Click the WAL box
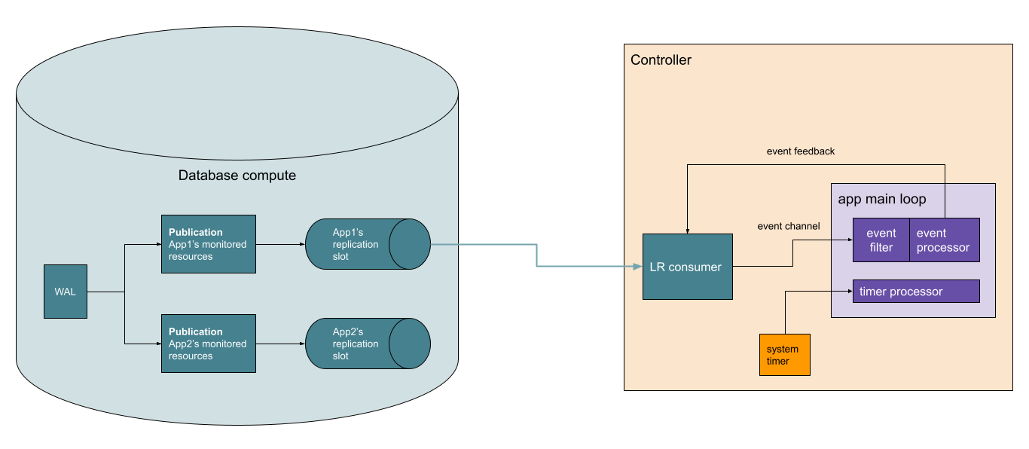(66, 292)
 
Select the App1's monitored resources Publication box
(209, 244)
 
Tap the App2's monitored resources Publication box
(209, 344)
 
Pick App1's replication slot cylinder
(367, 244)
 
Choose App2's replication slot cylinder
(367, 344)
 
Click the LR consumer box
(687, 267)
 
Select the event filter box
(881, 240)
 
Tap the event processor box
(944, 240)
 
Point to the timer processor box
(916, 292)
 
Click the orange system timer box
(785, 355)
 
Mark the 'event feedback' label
(801, 151)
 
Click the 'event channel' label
(788, 226)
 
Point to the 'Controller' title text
(661, 60)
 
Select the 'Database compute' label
(237, 176)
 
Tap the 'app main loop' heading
(881, 200)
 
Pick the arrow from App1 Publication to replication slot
(280, 244)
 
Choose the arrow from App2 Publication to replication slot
(280, 344)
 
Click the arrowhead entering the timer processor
(849, 292)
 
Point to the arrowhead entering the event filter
(849, 240)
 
